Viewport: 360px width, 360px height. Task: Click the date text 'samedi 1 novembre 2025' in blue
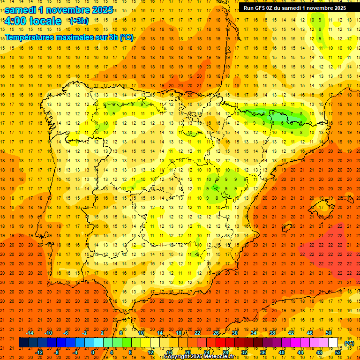[59, 10]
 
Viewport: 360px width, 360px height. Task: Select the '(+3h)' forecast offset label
[78, 21]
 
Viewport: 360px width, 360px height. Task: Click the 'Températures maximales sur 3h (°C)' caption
[69, 37]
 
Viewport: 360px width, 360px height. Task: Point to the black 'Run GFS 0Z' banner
[295, 7]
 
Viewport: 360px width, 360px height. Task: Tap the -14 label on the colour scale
[30, 332]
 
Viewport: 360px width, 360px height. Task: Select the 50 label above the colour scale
[329, 332]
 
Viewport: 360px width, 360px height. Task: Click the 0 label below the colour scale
[93, 352]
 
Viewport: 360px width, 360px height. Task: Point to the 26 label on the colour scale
[216, 332]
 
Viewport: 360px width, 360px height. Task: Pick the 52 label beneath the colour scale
[338, 352]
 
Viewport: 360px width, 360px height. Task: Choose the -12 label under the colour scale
[39, 352]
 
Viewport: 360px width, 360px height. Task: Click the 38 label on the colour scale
[272, 332]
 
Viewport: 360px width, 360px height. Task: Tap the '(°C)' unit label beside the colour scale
[349, 343]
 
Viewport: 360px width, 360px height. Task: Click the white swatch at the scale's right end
[333, 343]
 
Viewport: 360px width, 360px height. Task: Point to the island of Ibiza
[286, 228]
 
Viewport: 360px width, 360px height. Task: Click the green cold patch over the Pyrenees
[277, 117]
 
